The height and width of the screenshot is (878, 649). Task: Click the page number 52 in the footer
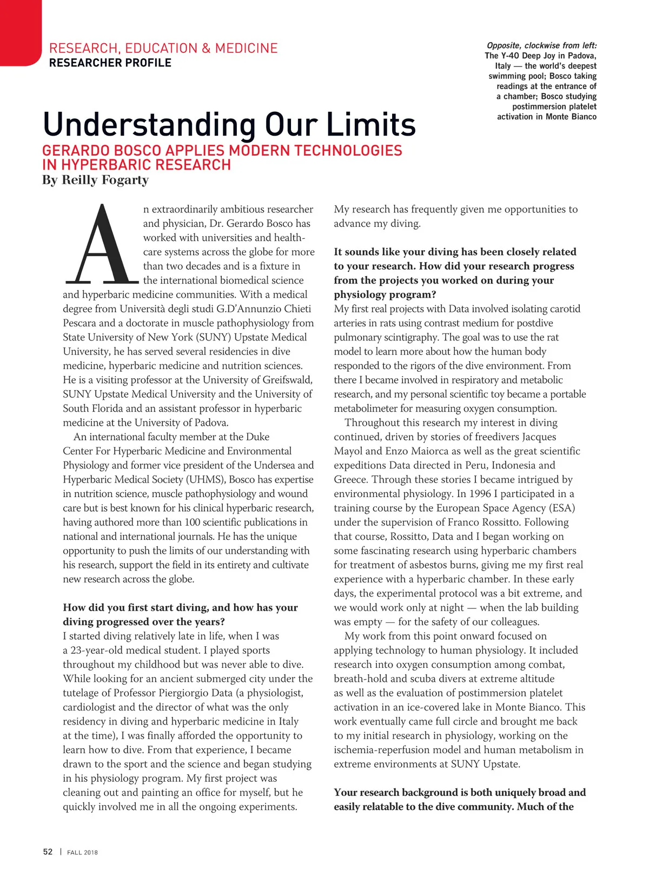click(x=48, y=852)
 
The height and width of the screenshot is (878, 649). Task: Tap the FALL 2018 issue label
click(x=82, y=853)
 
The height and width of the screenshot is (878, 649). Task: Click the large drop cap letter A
click(x=101, y=246)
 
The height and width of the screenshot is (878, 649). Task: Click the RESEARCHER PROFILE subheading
click(x=110, y=63)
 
